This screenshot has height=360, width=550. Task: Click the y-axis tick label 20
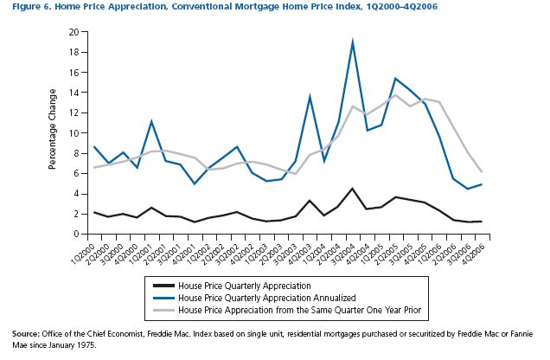pos(74,32)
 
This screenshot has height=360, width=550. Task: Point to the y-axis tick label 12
pos(74,112)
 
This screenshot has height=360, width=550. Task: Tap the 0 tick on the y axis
pos(76,234)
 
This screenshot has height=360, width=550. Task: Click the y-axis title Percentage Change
pos(53,132)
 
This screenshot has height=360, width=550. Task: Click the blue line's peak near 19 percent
pos(353,42)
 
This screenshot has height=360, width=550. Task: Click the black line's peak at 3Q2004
pos(353,189)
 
